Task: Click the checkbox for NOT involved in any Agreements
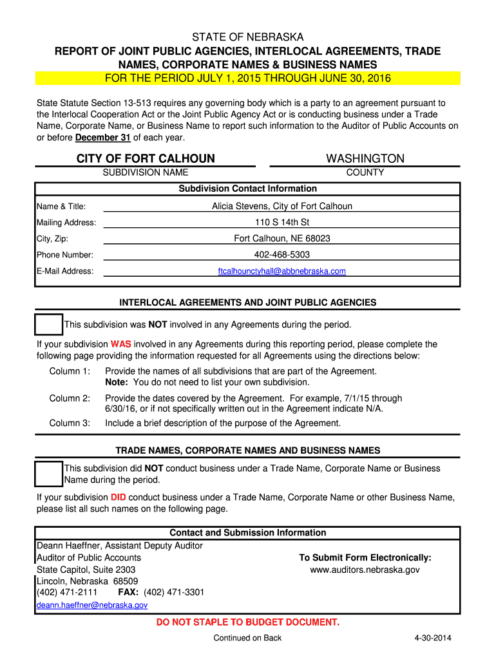[x=49, y=325]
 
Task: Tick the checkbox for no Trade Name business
[x=49, y=474]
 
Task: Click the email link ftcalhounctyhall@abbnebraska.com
[x=282, y=272]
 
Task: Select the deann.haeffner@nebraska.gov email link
[x=92, y=606]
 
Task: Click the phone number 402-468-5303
[x=282, y=255]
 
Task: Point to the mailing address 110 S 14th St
[x=282, y=223]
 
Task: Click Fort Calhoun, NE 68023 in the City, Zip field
[x=282, y=239]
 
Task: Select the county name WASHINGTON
[x=365, y=159]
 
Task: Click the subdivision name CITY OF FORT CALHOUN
[x=146, y=159]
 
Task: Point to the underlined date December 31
[x=103, y=138]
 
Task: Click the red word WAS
[x=120, y=344]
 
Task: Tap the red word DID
[x=118, y=497]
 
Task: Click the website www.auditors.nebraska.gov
[x=365, y=570]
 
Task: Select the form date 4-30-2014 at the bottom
[x=433, y=638]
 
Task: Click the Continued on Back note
[x=247, y=638]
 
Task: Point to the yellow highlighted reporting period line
[x=248, y=79]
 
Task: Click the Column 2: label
[x=70, y=398]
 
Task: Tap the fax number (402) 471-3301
[x=174, y=592]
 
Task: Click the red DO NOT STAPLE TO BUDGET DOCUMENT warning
[x=248, y=622]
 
